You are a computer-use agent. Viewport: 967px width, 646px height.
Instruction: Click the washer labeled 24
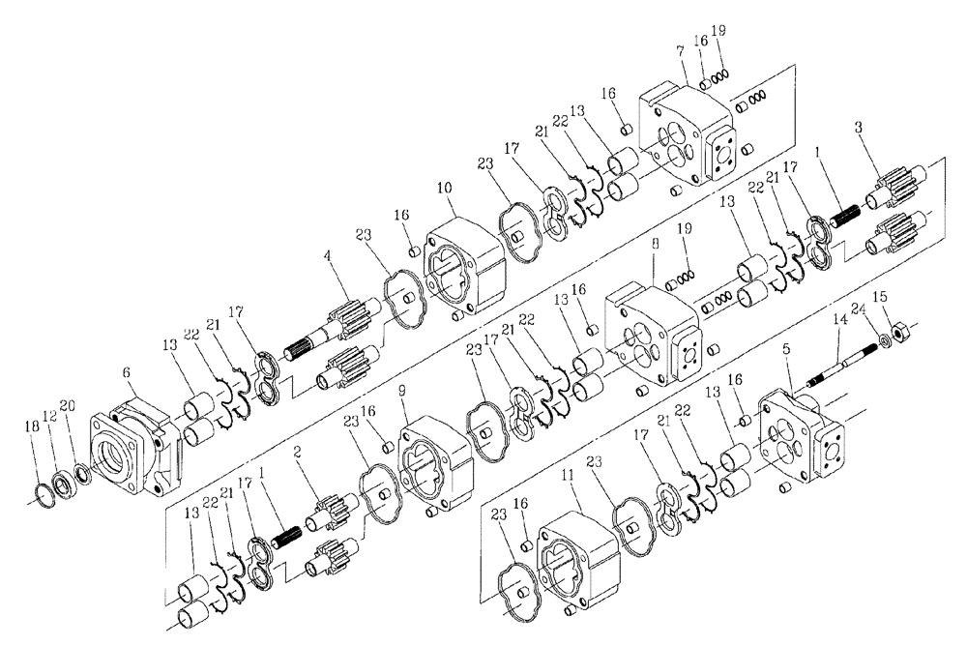pyautogui.click(x=885, y=341)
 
